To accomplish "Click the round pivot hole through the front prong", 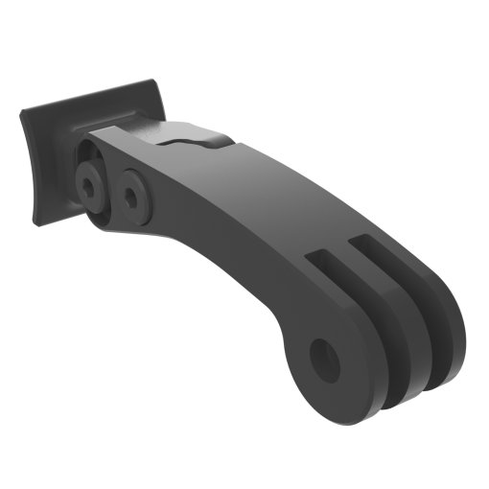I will click(327, 357).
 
